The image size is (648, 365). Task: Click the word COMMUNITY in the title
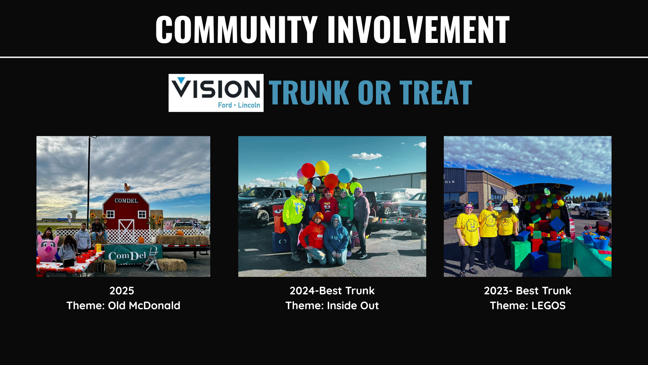pos(237,29)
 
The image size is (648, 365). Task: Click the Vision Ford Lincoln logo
pos(216,93)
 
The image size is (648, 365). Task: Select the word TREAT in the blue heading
pos(436,93)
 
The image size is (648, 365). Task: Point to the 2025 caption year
pos(122,291)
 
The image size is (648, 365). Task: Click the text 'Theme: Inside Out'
pos(332,306)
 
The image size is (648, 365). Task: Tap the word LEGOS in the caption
pos(548,306)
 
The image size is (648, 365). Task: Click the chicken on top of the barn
pos(127,187)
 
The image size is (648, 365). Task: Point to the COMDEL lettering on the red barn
pos(126,200)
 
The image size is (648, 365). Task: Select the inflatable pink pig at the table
pos(47,248)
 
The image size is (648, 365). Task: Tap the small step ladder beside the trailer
pos(151,258)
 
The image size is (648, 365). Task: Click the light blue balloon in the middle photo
pos(345,175)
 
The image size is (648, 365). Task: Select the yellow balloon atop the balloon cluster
pos(322,168)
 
